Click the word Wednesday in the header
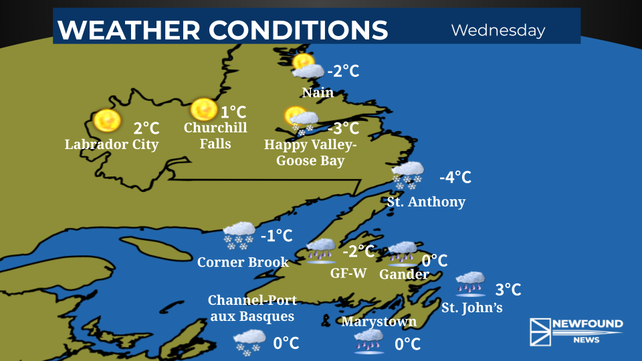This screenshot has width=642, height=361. coord(498,30)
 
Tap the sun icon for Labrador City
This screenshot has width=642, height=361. coord(106,120)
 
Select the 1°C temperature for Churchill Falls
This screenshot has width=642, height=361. coord(233,112)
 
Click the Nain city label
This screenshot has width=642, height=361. coord(318,92)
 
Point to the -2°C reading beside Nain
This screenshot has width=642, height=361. coord(343,71)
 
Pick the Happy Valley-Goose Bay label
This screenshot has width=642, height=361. coord(310,152)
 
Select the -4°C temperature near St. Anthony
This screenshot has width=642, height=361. coord(455,177)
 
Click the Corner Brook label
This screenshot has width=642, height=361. coord(243,262)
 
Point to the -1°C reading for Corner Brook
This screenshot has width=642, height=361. coord(276,235)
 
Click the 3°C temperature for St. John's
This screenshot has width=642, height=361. coord(508,289)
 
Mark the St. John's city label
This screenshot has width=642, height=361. coord(471,308)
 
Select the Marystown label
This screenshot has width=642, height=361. coord(379,322)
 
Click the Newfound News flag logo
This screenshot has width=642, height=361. coord(540,331)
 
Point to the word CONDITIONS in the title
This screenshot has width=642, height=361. coord(298,30)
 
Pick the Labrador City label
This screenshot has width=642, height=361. coord(112,144)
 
